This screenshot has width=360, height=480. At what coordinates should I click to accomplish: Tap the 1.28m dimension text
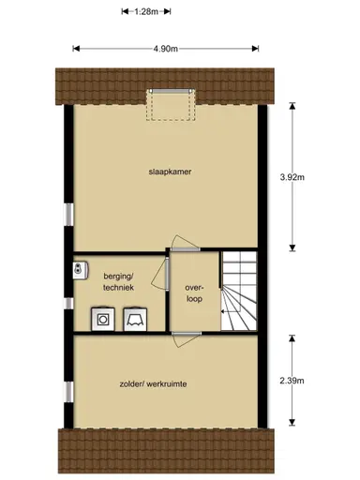tap(144, 12)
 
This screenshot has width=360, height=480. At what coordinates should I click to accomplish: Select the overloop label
tap(194, 293)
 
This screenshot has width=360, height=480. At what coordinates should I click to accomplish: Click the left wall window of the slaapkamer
tap(67, 215)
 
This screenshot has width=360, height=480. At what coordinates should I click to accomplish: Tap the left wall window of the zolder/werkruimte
tap(67, 390)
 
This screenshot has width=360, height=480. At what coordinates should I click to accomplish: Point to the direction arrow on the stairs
tap(223, 309)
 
